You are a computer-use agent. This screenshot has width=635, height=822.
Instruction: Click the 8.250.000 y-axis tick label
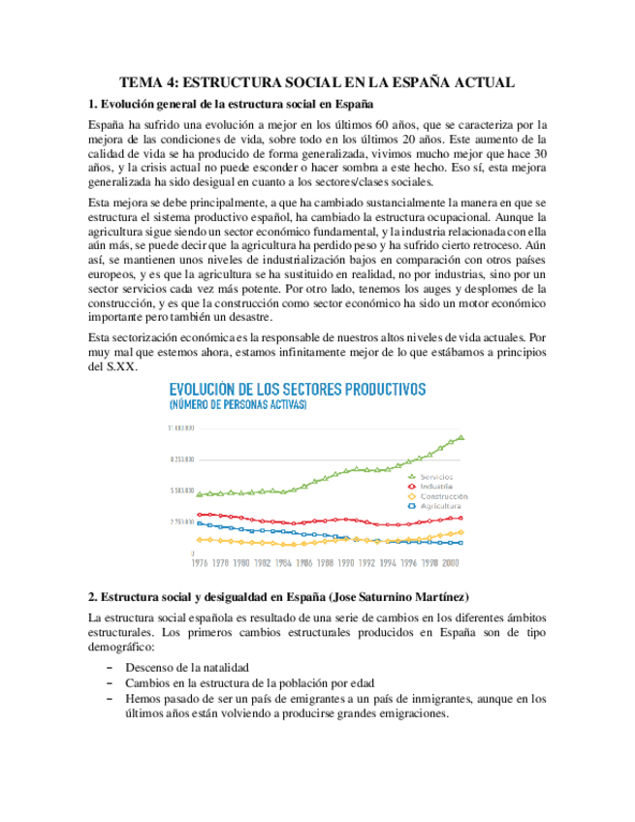(x=181, y=459)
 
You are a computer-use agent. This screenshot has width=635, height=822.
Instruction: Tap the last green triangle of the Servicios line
(x=461, y=437)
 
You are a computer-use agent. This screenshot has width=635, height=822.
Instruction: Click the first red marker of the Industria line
(x=199, y=515)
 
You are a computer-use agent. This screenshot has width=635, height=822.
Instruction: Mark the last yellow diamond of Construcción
(x=461, y=532)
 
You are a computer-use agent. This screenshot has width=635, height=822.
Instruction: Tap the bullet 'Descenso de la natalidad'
(x=187, y=667)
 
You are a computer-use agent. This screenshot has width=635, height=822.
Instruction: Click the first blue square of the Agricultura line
(x=199, y=523)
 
